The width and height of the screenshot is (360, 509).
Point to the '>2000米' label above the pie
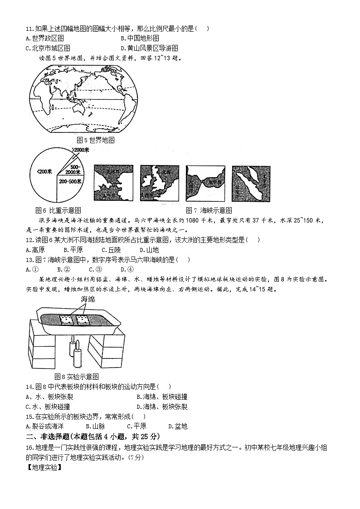(x=81, y=150)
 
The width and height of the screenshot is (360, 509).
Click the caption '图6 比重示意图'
(x=58, y=210)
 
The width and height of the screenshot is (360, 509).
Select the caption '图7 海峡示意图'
(x=209, y=210)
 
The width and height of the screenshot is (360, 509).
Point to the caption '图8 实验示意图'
(x=76, y=377)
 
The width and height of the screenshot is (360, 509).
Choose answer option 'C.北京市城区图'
(x=48, y=48)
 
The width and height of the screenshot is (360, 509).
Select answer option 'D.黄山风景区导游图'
(x=149, y=48)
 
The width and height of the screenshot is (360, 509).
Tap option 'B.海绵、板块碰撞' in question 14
(x=162, y=397)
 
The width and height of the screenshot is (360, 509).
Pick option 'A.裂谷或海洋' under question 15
(x=45, y=426)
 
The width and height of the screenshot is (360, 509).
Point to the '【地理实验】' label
(x=44, y=468)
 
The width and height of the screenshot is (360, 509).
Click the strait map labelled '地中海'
(x=205, y=183)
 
